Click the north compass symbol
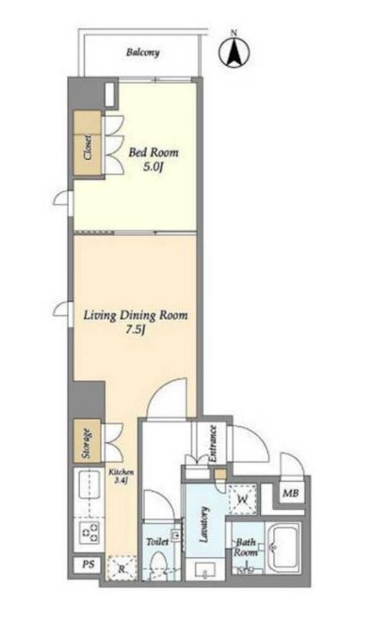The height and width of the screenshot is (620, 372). (x=234, y=52)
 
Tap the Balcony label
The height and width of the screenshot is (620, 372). (x=143, y=52)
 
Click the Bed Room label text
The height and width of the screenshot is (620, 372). (x=154, y=152)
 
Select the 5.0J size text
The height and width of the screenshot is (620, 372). (x=154, y=167)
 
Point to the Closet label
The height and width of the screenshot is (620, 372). (x=88, y=148)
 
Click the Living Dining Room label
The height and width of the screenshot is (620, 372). (x=136, y=315)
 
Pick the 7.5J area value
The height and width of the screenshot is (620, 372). (x=134, y=330)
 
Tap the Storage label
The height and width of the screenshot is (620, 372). (x=86, y=444)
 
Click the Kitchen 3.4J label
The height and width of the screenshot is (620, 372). (x=121, y=476)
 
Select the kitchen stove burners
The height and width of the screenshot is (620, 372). (x=89, y=532)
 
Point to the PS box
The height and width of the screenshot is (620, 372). (x=89, y=564)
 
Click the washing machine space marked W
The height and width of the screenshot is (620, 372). (x=242, y=499)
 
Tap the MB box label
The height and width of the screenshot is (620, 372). (x=291, y=493)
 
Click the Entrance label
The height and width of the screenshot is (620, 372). (x=212, y=443)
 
